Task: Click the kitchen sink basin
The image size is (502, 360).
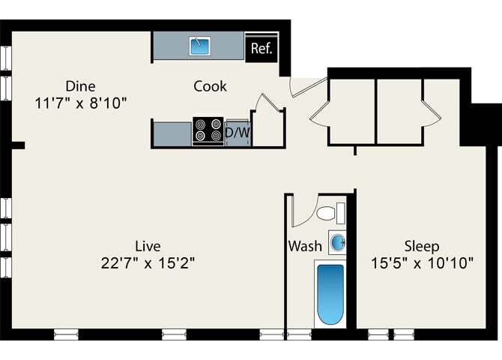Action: (x=200, y=46)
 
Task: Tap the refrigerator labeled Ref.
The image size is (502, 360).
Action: (x=261, y=49)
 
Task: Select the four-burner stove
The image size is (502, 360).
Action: (x=208, y=130)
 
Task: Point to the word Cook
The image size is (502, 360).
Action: (x=210, y=86)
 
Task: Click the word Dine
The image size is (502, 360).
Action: (x=80, y=85)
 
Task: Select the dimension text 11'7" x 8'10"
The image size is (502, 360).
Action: (x=81, y=103)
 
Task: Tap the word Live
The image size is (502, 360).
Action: (x=148, y=246)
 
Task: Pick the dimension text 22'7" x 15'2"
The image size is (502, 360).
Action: (x=148, y=263)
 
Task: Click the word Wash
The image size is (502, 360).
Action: (x=305, y=246)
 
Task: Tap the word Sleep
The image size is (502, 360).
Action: (x=422, y=246)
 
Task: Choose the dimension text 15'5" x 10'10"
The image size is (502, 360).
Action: (x=422, y=263)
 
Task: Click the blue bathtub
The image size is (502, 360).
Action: (x=330, y=293)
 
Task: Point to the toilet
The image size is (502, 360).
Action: (x=328, y=214)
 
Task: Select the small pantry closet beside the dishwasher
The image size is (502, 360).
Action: (x=267, y=127)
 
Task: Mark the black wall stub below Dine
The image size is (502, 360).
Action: (x=18, y=145)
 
